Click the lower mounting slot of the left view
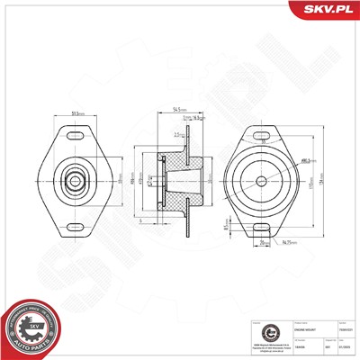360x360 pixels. (79, 222)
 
